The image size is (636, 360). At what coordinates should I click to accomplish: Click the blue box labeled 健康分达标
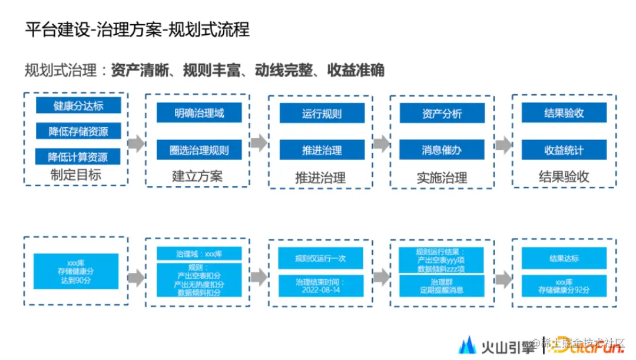click(78, 105)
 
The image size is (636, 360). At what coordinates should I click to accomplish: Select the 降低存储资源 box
click(78, 131)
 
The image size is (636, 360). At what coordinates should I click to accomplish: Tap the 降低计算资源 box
click(78, 156)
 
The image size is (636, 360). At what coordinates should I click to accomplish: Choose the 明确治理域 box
click(199, 113)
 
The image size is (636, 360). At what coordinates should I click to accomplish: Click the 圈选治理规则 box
click(199, 150)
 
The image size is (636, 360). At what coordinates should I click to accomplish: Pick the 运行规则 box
click(322, 113)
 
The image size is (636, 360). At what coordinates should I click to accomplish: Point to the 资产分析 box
click(442, 113)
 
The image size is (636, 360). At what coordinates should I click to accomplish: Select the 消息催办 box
click(442, 150)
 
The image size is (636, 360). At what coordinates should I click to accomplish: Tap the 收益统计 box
click(564, 150)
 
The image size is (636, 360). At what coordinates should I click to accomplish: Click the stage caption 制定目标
click(76, 175)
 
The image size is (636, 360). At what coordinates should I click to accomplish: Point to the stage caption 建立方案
click(197, 176)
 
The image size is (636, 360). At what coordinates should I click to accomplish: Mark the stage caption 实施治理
click(442, 177)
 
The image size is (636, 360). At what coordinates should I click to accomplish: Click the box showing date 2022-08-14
click(322, 286)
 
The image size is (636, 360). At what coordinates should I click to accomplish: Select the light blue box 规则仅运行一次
click(322, 258)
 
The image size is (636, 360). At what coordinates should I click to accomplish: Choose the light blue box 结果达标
click(564, 258)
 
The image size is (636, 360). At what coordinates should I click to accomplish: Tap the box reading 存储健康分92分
click(564, 286)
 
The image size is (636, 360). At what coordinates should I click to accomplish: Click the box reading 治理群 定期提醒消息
click(442, 286)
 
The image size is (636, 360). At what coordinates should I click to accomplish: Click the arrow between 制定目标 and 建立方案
click(136, 143)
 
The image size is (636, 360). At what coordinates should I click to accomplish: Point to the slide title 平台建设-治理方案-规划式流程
click(137, 29)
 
